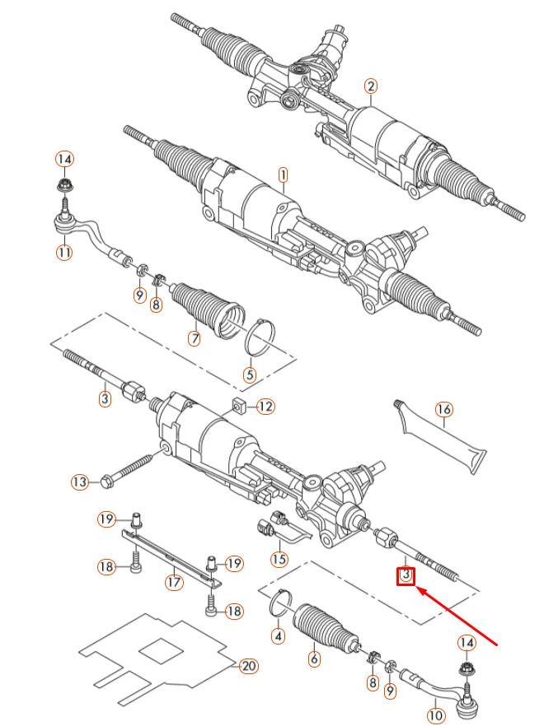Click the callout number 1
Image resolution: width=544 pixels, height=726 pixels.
[283, 175]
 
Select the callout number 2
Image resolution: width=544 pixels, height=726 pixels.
[371, 86]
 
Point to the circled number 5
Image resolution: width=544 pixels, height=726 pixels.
[250, 375]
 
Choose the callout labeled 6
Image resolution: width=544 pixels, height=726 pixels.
[313, 659]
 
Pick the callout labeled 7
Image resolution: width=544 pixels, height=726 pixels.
[195, 338]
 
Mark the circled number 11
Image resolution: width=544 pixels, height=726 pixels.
[64, 253]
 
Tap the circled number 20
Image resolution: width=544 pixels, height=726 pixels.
[248, 666]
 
